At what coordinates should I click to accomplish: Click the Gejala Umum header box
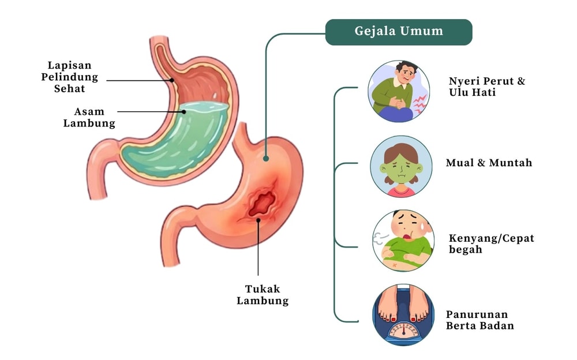coord(399,32)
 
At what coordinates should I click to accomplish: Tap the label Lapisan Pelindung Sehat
coord(69,77)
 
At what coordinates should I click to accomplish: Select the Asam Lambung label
coord(89,117)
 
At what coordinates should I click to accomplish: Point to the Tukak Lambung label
coord(262,294)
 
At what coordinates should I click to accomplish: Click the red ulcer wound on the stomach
coord(263,203)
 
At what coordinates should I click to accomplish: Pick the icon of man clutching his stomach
coord(399,91)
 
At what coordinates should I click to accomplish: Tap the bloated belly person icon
coord(403,240)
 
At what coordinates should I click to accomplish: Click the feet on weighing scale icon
coord(403,314)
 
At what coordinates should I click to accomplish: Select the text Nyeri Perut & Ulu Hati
coord(486,87)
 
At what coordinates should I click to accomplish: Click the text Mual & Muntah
coord(489,163)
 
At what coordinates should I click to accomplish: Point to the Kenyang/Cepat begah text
coord(491,244)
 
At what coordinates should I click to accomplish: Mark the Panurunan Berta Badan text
coord(479,320)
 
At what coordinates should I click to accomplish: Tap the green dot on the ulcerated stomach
coord(266,158)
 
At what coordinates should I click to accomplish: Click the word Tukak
coord(262,288)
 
